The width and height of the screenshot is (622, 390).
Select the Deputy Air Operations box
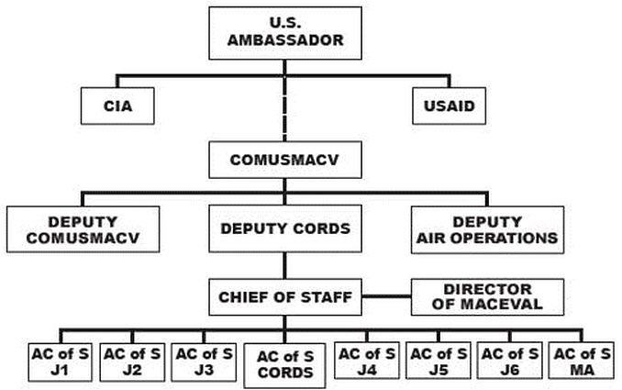[486, 229]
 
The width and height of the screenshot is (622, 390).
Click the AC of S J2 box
[129, 360]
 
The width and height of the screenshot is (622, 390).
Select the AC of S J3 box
[203, 360]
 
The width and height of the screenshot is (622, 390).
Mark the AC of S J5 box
[437, 360]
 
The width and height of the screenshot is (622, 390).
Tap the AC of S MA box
[581, 360]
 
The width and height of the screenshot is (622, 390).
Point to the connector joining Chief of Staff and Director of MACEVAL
[385, 297]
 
